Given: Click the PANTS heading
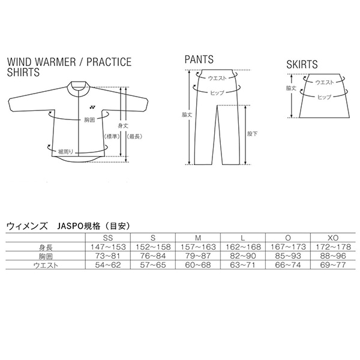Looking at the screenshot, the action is point(199,59).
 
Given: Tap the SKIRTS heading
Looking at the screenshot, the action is point(302,64).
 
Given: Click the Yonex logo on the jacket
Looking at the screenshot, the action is point(92,107).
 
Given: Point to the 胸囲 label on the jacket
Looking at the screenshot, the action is point(89,119).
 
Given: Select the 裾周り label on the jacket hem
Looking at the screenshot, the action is point(65,152).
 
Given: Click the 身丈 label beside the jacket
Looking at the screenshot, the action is point(123,125).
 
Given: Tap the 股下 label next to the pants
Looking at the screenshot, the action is point(252,134).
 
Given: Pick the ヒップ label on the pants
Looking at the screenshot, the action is point(217,93).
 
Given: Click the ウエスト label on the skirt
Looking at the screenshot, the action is point(325,82).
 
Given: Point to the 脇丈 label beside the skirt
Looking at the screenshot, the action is point(291,88).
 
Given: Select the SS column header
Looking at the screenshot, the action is point(108,238).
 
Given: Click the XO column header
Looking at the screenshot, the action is point(333,238).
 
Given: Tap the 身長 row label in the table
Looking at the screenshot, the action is point(46,247).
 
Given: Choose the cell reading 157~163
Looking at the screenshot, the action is point(198,247).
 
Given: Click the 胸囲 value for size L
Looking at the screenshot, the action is point(242,256).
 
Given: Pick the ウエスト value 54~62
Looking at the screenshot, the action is point(108,265).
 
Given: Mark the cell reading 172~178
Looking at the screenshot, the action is point(333,247).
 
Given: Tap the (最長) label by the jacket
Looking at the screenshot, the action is point(134,137).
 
